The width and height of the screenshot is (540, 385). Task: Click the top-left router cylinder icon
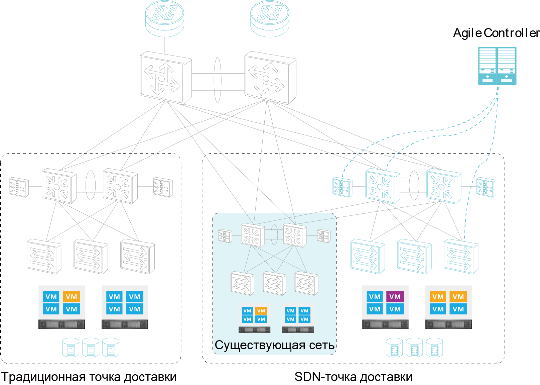coord(164,18)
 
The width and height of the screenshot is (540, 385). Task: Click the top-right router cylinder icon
coord(270,18)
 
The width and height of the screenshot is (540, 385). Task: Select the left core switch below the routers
coord(165,78)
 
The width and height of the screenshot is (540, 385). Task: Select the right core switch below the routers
coord(270,78)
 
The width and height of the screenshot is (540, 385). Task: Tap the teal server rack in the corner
coord(497,66)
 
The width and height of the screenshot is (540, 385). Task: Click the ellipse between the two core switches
coord(218,80)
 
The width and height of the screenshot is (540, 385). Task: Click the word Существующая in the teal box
coord(260,345)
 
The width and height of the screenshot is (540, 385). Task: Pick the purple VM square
coord(395,297)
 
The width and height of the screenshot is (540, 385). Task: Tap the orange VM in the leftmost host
coord(71,297)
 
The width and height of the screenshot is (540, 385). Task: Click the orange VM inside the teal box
coord(261,311)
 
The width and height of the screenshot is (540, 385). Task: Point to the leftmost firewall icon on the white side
coord(19,187)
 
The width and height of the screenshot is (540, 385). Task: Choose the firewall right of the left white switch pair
coord(163,187)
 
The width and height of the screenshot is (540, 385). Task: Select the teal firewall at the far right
coord(486,187)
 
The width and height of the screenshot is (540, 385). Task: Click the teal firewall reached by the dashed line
coord(342,187)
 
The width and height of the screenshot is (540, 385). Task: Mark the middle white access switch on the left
coord(91,257)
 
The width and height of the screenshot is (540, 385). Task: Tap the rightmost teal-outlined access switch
coord(461,257)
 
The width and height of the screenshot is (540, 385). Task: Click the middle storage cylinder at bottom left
coord(91,348)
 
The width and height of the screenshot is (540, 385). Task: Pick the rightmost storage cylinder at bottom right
coord(434,348)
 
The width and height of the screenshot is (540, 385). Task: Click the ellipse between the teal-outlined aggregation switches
coord(414,185)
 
